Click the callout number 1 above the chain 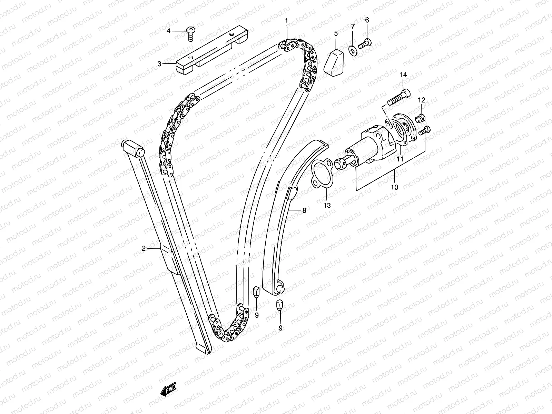(286, 21)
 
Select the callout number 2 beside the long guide (144, 248)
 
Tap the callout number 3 (159, 63)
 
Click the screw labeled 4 (190, 33)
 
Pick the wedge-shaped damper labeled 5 (336, 62)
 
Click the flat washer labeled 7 (353, 51)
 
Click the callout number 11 (400, 159)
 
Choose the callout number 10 (395, 187)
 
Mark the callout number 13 (327, 205)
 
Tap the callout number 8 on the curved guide (304, 210)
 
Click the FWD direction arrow (169, 390)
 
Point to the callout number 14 (403, 75)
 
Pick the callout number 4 (169, 31)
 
